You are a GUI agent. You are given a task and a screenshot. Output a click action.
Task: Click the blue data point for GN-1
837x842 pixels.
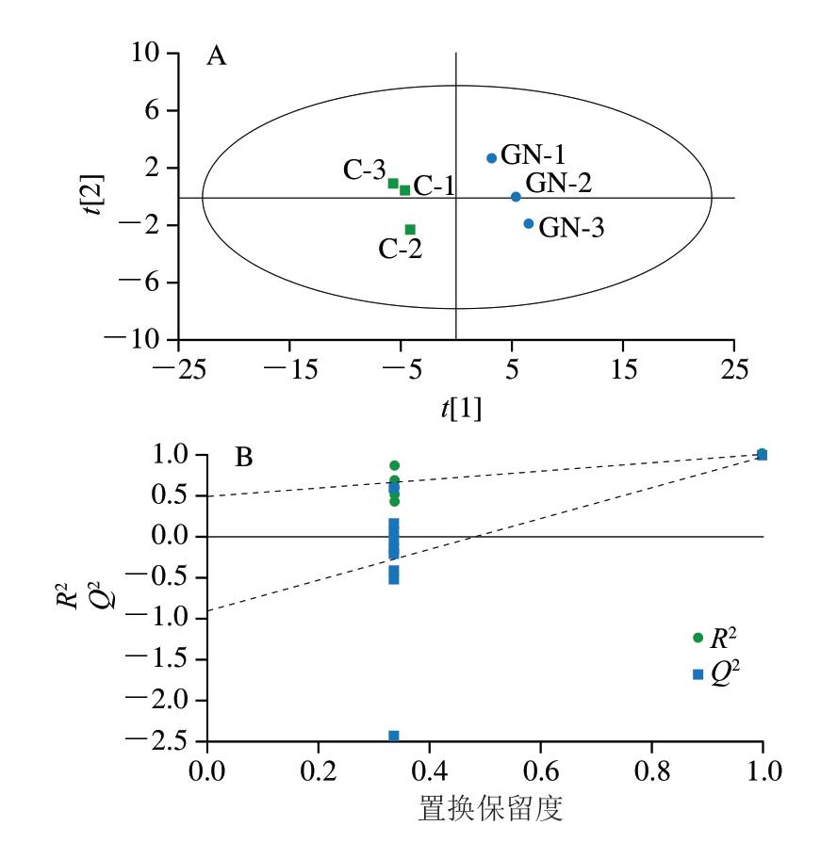coord(491,158)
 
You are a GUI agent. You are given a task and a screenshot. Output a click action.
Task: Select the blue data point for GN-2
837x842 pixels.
coord(516,197)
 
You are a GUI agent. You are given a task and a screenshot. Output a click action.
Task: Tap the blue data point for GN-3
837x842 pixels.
coord(529,223)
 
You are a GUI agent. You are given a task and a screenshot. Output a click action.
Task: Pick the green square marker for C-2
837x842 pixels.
coord(410,229)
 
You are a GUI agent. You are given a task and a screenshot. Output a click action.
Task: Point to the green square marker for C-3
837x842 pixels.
coord(393,183)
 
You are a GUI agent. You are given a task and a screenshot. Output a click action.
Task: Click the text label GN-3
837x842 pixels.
coord(571,228)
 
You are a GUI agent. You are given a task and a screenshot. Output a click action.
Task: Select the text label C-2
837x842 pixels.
coord(401,250)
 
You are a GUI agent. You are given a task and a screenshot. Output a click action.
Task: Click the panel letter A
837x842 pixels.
coord(217,57)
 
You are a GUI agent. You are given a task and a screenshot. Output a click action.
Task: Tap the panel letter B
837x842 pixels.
coord(243,459)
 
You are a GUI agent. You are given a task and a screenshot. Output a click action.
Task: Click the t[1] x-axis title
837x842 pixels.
coord(461,409)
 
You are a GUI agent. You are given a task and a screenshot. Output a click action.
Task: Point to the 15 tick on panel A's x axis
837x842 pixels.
coord(623,368)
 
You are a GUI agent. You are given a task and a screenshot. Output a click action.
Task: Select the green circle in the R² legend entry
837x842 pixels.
coord(697,638)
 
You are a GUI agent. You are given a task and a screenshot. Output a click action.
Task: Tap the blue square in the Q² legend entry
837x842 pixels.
coord(697,673)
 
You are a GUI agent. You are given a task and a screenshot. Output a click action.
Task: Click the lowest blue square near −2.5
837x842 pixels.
coord(394,736)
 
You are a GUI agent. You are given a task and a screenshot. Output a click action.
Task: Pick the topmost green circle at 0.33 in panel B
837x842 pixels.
coord(394,465)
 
